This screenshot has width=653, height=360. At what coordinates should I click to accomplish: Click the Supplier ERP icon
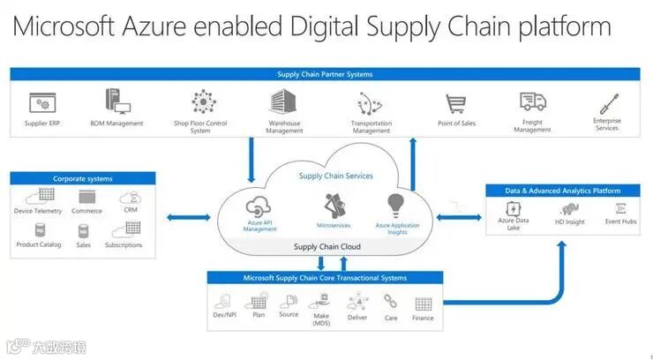42,102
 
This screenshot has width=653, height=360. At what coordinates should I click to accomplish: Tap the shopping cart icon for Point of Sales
455,105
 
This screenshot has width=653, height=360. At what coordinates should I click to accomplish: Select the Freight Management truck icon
533,103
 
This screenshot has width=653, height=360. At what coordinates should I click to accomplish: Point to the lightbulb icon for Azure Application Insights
397,205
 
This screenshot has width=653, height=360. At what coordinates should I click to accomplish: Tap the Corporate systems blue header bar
83,178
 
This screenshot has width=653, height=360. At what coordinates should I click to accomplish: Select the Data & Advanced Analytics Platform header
562,191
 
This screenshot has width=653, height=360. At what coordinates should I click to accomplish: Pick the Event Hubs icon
621,209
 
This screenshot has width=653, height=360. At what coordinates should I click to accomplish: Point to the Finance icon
424,303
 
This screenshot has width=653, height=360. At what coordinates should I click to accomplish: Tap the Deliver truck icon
357,302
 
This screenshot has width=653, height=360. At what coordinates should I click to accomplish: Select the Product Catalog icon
39,230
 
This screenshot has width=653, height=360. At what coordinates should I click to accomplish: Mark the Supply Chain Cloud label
326,246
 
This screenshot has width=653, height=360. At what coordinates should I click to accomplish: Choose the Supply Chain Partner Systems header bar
325,74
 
